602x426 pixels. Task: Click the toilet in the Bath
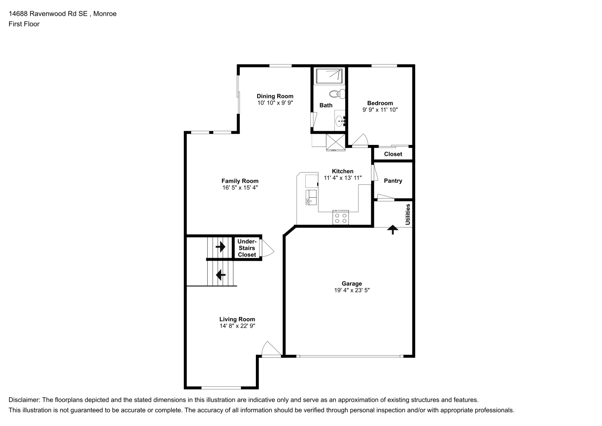(337, 94)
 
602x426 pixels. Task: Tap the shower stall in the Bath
(329, 76)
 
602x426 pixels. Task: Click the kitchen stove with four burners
(341, 217)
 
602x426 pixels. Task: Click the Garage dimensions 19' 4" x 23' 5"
(352, 290)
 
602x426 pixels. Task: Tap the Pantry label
(393, 181)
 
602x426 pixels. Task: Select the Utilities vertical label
(408, 214)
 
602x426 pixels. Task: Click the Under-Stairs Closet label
(247, 248)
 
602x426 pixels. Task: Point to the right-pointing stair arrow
(221, 246)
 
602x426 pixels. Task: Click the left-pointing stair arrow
(221, 275)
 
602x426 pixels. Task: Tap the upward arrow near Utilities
(393, 230)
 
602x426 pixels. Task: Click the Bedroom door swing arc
(360, 140)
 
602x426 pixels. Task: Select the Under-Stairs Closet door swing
(268, 248)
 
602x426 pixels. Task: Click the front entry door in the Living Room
(272, 349)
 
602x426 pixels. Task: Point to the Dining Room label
(275, 96)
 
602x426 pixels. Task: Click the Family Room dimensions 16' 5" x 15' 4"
(240, 188)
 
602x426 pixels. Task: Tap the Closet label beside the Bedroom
(393, 154)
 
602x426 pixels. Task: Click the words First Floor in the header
(24, 24)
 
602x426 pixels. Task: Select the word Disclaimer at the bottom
(24, 400)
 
